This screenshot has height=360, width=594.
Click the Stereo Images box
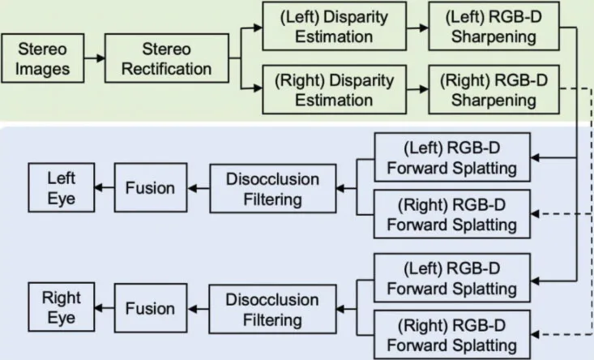point(43,58)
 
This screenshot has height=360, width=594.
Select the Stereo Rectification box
point(167,58)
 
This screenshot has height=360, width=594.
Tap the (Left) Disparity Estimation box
point(334,26)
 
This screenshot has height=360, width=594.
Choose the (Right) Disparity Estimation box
point(334,90)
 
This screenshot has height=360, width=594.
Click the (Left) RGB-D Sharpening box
point(494,26)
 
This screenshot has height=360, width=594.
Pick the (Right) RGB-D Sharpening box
point(494,90)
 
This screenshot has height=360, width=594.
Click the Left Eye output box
point(62,187)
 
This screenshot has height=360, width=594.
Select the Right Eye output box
point(62,307)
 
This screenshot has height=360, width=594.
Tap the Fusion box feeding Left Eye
point(151,187)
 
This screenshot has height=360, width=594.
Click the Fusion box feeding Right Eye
point(151,308)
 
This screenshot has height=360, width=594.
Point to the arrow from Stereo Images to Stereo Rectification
point(95,58)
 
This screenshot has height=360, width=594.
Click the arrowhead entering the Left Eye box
point(99,187)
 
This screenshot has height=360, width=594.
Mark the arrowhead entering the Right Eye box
point(99,308)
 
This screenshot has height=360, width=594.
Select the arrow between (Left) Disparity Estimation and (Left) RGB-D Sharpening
point(418,28)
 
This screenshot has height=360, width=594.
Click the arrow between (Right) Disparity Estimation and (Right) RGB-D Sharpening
point(418,89)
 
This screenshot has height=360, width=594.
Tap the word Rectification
point(167,69)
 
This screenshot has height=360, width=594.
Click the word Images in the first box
point(42,70)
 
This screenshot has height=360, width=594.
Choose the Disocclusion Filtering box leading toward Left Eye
point(273,189)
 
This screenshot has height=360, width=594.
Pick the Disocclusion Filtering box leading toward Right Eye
point(273,309)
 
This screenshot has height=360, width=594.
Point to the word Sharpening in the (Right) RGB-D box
point(494,101)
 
